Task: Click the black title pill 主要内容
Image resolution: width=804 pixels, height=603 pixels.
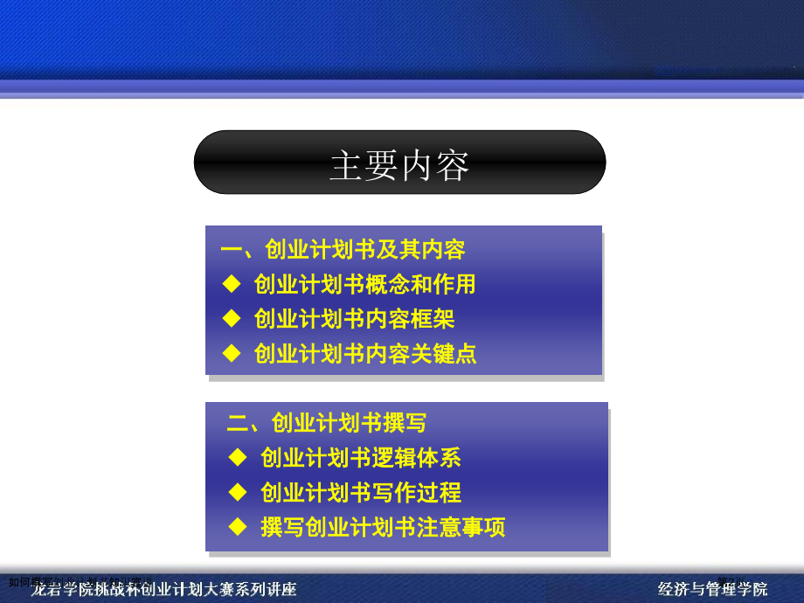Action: coord(399,163)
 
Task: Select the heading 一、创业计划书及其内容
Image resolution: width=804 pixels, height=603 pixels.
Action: coord(343,250)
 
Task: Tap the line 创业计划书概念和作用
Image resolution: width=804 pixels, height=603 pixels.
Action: coord(364,284)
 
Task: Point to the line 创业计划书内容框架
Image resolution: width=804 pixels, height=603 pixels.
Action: coord(354,319)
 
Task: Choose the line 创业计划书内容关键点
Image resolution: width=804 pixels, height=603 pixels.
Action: coord(364,354)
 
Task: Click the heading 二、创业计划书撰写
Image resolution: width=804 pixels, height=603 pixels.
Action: coord(327,424)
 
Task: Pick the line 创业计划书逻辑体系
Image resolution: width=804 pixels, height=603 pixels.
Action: coord(360,457)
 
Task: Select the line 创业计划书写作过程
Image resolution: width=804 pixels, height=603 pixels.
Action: coord(360,492)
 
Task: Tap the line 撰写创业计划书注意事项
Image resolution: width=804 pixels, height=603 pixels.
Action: coord(382,527)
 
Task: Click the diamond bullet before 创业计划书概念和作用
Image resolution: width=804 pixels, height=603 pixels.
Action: coord(231,283)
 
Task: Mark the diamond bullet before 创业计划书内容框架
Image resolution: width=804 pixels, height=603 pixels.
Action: coord(231,318)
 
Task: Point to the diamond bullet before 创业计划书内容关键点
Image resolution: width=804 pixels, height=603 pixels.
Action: coord(231,353)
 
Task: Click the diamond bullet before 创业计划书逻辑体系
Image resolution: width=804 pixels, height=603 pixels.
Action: coord(238,456)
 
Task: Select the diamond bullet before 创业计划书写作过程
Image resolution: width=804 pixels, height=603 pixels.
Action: coord(238,491)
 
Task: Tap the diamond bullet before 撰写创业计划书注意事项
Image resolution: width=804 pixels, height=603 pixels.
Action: coord(238,526)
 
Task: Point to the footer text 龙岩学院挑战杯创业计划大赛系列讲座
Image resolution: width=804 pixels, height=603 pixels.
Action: coord(164,589)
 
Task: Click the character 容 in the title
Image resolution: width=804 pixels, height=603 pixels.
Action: coord(452,165)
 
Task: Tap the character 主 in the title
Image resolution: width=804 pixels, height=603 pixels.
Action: coord(346,165)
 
